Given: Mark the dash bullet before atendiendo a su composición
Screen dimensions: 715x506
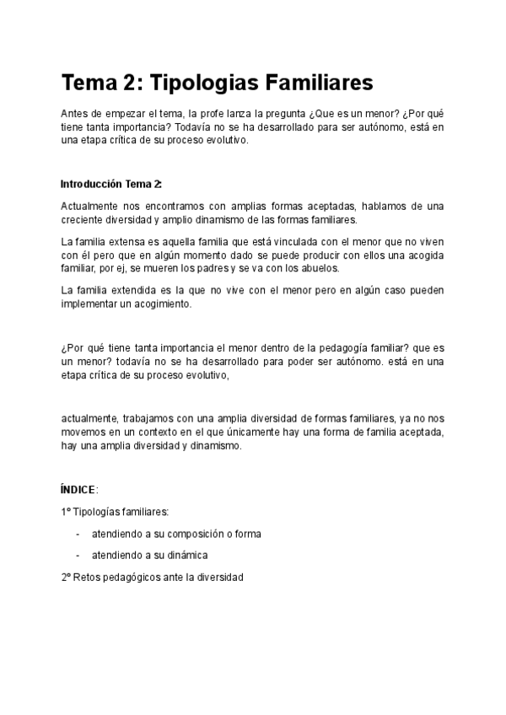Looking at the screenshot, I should pyautogui.click(x=78, y=535).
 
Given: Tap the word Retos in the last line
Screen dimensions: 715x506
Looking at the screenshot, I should pyautogui.click(x=88, y=578).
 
